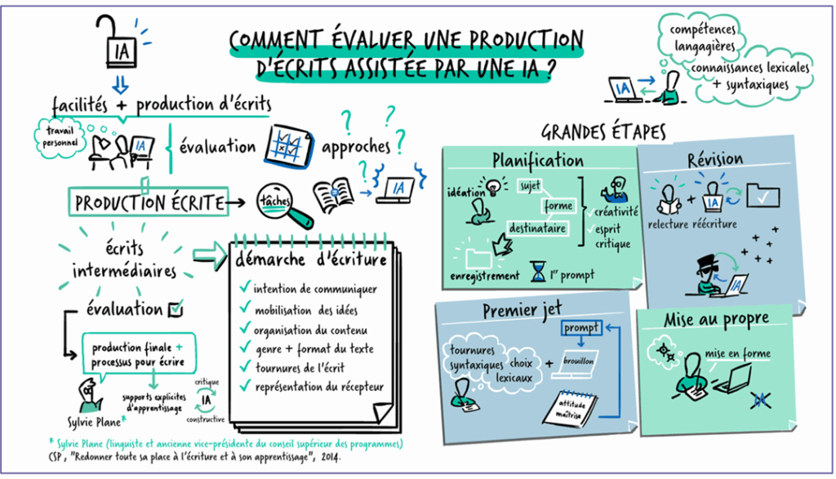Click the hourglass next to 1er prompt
[538, 271]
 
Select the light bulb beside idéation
[494, 185]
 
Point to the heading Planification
[537, 160]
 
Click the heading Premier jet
[522, 310]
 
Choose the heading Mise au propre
[716, 320]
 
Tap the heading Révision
[715, 159]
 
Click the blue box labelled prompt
[581, 328]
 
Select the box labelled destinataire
[537, 228]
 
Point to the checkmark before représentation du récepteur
[245, 385]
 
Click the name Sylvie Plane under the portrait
[95, 423]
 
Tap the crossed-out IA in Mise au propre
[760, 400]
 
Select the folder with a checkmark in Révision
[763, 196]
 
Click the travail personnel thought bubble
[60, 136]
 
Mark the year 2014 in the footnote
[331, 457]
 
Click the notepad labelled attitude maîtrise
[569, 409]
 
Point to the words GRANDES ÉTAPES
[603, 131]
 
